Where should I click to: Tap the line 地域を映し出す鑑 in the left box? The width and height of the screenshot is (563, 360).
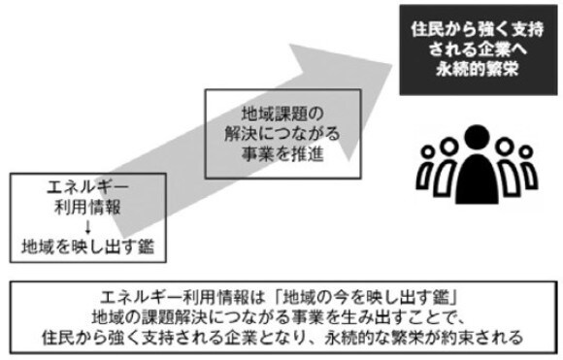tap(82, 244)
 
